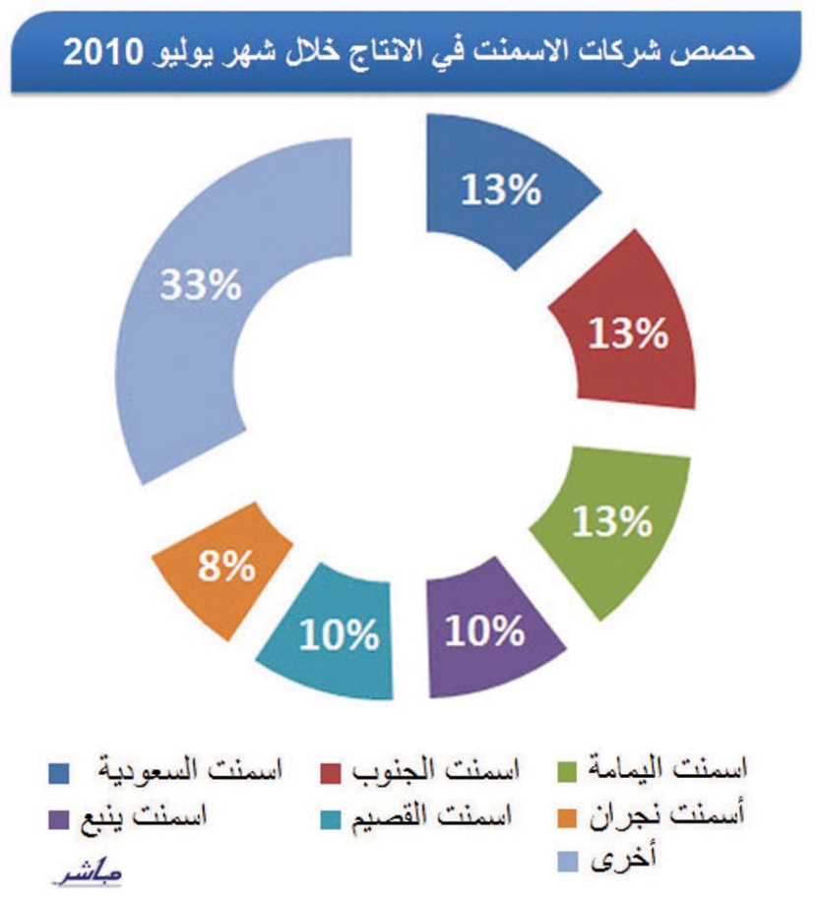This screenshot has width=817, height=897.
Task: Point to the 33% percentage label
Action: pyautogui.click(x=201, y=286)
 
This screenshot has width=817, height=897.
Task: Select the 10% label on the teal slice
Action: pyautogui.click(x=340, y=636)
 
